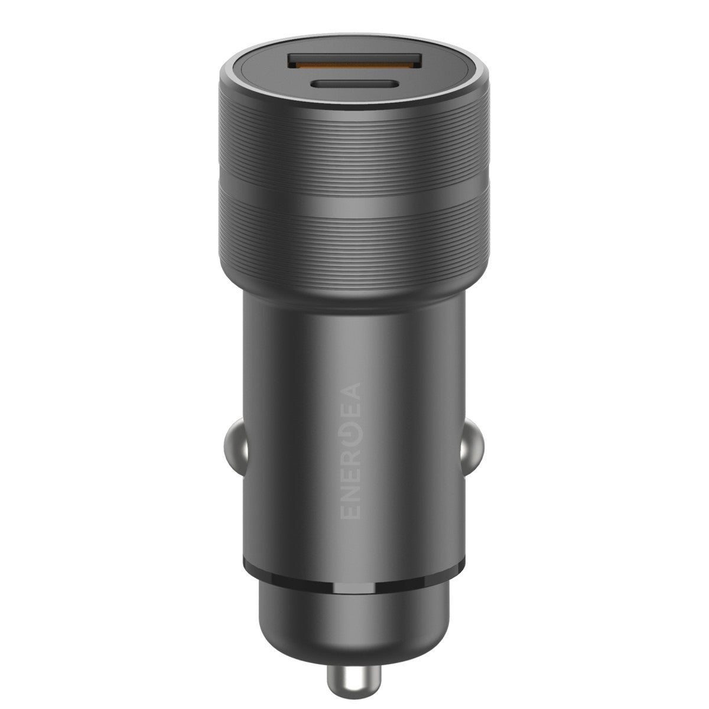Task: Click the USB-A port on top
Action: (354, 61)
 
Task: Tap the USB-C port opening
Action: (354, 84)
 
